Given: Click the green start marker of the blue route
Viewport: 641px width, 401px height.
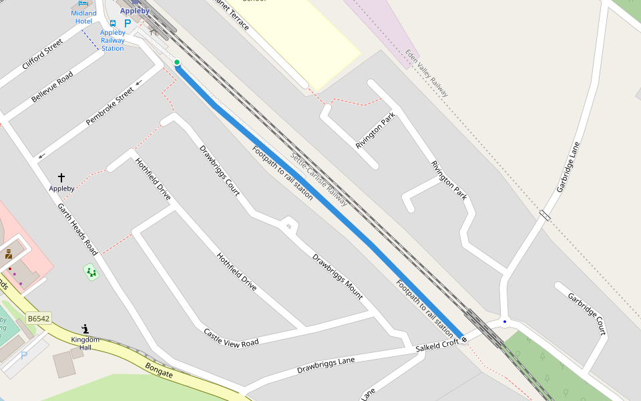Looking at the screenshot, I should click(x=177, y=63).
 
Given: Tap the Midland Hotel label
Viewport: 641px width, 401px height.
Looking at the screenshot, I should click(x=83, y=17).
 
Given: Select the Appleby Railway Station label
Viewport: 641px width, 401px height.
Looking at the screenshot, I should click(x=113, y=40).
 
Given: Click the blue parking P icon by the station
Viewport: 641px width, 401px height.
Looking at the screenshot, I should click(x=128, y=23).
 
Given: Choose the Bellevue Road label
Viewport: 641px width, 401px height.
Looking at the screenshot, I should click(x=52, y=87).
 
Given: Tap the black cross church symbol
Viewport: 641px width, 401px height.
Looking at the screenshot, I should click(x=61, y=178).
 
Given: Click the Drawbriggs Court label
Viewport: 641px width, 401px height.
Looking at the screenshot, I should click(x=220, y=170).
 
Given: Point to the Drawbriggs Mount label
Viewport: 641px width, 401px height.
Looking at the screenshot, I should click(x=338, y=276).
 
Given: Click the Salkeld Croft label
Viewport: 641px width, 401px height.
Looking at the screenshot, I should click(x=437, y=346).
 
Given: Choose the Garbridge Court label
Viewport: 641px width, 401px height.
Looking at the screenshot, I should click(x=587, y=313).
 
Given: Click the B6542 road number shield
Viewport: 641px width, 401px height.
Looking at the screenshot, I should click(x=39, y=319).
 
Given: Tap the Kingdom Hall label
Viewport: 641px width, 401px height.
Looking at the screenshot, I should click(x=85, y=344).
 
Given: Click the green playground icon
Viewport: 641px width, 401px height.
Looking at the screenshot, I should click(x=91, y=272).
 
